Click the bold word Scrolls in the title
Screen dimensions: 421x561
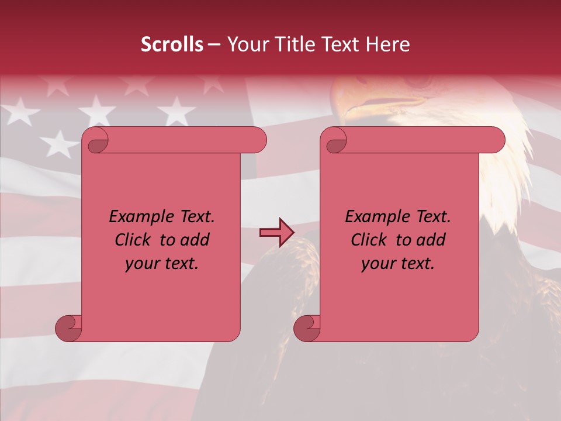coord(172,44)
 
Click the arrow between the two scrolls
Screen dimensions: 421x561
coord(276,233)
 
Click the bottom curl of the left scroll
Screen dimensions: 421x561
coord(68,328)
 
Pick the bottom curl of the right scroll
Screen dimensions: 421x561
coord(307,328)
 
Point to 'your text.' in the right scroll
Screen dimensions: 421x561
coord(398,264)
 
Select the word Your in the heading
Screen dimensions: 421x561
coord(244,44)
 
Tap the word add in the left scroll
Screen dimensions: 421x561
coord(195,240)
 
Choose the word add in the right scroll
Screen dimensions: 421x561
coord(431,240)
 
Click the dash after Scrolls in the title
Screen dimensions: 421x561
coord(214,44)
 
